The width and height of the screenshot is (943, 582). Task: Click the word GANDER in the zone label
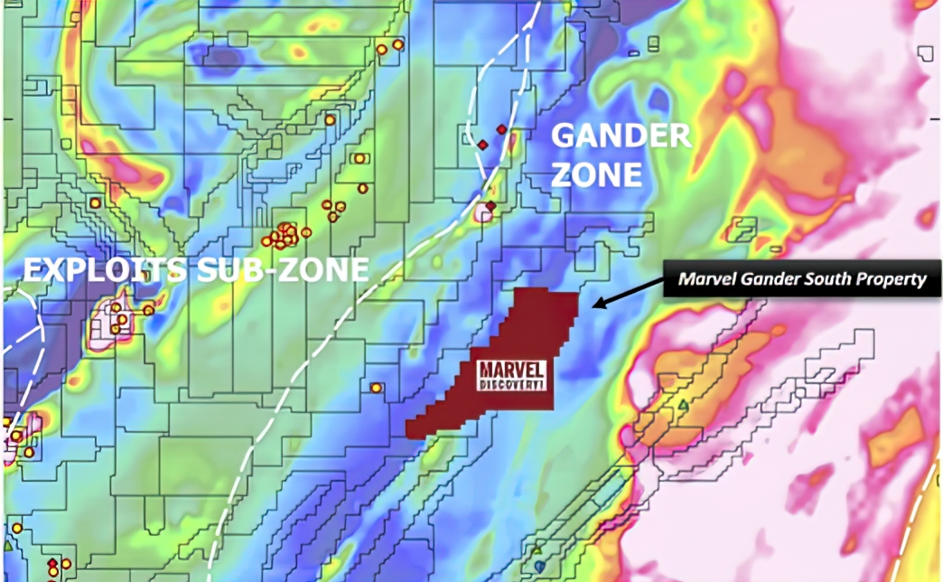pos(621,136)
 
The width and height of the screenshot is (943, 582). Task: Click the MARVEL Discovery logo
pos(511,376)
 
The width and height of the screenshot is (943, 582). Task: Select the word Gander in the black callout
pos(762,279)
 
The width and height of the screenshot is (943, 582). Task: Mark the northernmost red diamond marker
pos(501,129)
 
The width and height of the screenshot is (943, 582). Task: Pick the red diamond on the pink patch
pos(490,207)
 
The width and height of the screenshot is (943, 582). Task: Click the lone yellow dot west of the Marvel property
pos(376,388)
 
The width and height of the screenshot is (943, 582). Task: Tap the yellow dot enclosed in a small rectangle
pos(359,158)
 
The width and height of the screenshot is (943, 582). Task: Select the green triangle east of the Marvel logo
pos(684,404)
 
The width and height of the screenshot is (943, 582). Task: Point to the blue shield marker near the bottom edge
pos(539,565)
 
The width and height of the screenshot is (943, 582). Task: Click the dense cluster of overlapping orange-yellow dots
pos(284,236)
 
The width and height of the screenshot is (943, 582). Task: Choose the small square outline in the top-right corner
pos(925,52)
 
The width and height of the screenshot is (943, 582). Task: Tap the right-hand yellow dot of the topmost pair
pos(397,44)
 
